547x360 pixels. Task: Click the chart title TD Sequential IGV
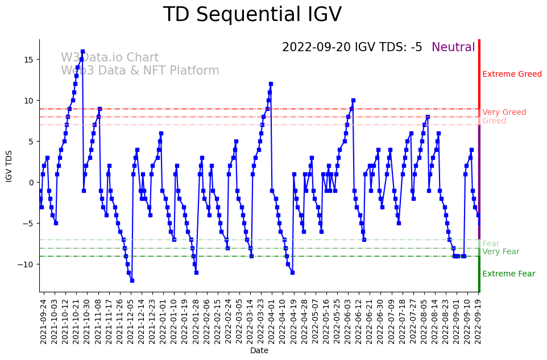pyautogui.click(x=252, y=15)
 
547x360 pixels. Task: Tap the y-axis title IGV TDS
pyautogui.click(x=9, y=165)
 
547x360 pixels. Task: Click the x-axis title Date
pyautogui.click(x=259, y=350)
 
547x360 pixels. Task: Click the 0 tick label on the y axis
pyautogui.click(x=32, y=183)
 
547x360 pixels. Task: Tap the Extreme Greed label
pyautogui.click(x=512, y=75)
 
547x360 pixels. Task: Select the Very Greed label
pyautogui.click(x=504, y=113)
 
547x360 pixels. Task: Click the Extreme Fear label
pyautogui.click(x=508, y=274)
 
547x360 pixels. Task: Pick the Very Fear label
pyautogui.click(x=500, y=252)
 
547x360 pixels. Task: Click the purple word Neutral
pyautogui.click(x=453, y=48)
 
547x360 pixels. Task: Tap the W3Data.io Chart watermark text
pyautogui.click(x=110, y=58)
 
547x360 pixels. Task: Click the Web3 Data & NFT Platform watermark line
pyautogui.click(x=140, y=71)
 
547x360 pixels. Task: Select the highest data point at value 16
pyautogui.click(x=82, y=51)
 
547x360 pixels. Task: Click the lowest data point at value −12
pyautogui.click(x=132, y=280)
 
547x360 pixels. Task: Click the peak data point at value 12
pyautogui.click(x=271, y=84)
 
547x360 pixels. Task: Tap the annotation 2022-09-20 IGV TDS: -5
pyautogui.click(x=352, y=48)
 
